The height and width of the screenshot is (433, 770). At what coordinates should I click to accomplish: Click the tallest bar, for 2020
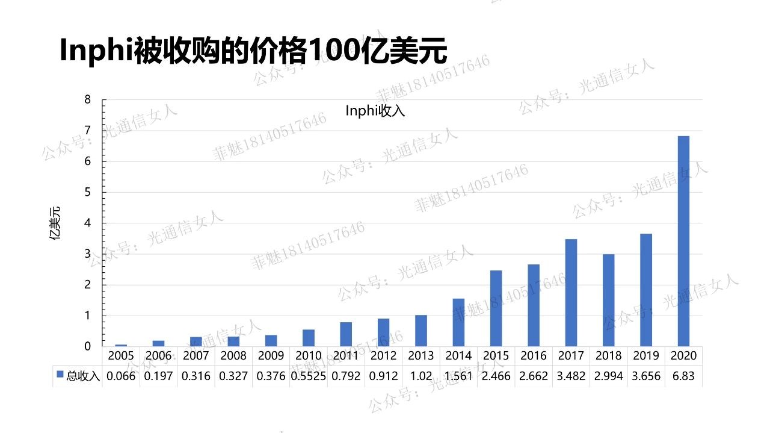click(683, 241)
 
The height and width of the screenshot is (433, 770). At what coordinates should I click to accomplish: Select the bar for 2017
click(571, 293)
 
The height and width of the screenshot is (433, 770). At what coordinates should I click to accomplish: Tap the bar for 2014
click(458, 322)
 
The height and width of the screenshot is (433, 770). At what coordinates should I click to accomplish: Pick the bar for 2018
click(608, 300)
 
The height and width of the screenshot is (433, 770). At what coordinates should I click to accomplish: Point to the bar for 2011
click(346, 334)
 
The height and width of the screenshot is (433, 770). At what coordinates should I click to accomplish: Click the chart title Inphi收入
click(375, 111)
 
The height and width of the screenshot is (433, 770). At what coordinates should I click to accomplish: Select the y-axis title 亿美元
click(55, 223)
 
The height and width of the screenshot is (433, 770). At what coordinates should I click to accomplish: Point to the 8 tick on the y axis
click(87, 100)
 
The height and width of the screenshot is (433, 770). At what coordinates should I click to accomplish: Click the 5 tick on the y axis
click(87, 192)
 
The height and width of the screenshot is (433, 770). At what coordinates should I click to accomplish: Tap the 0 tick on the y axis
click(87, 346)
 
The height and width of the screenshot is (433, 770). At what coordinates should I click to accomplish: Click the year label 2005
click(121, 356)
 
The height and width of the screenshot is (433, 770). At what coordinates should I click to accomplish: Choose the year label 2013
click(420, 356)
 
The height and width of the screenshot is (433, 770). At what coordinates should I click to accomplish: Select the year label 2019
click(645, 356)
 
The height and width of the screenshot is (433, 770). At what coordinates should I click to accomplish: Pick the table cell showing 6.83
click(683, 376)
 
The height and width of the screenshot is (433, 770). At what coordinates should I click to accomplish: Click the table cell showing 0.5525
click(309, 376)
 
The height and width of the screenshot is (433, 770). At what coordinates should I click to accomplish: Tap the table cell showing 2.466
click(496, 376)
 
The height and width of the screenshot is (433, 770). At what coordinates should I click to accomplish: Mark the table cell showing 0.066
click(121, 376)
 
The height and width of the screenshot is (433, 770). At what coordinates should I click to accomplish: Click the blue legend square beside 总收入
click(60, 375)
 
